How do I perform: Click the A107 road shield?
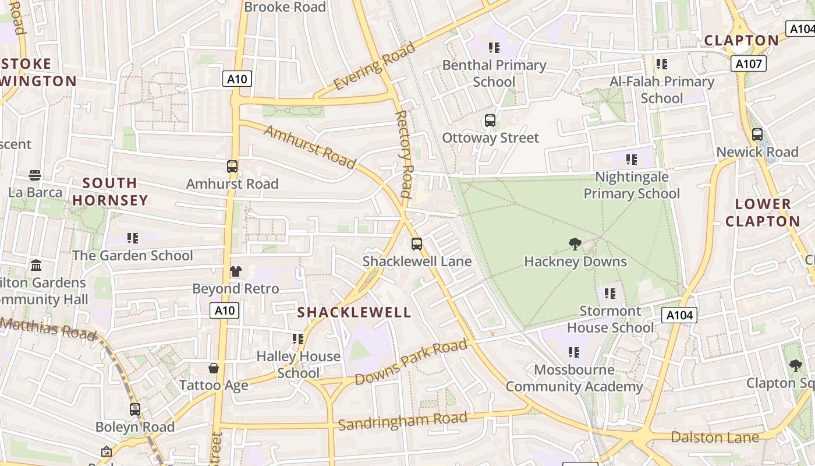748,63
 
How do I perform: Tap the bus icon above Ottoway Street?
490,121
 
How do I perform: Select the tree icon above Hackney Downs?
575,244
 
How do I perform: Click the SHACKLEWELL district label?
354,312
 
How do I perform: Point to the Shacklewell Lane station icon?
417,244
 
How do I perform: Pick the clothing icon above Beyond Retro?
235,271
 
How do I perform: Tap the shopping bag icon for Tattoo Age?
214,368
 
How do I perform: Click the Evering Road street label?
375,66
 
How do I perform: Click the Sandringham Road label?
403,421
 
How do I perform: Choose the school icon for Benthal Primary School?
494,48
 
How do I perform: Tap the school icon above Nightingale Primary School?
632,159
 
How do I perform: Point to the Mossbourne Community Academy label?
574,378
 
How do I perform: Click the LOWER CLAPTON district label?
763,213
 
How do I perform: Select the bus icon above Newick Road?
757,135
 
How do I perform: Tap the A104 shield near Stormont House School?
679,315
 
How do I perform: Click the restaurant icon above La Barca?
34,175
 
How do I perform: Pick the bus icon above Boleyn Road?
135,409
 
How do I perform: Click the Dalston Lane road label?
715,437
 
